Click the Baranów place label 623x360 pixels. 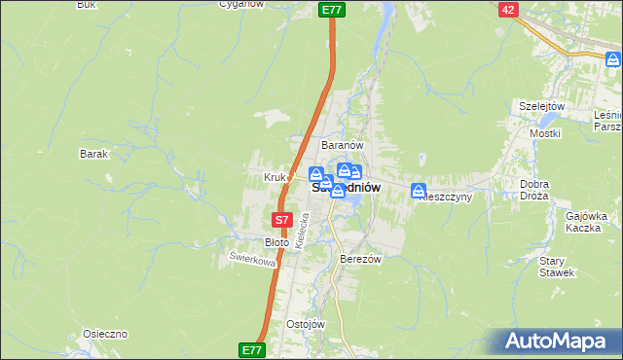pyautogui.click(x=342, y=145)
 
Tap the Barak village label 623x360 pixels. pyautogui.click(x=93, y=154)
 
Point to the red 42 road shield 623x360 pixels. pyautogui.click(x=508, y=9)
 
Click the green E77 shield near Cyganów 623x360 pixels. pyautogui.click(x=331, y=9)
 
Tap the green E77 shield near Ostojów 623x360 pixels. pyautogui.click(x=250, y=347)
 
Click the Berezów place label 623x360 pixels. pyautogui.click(x=359, y=260)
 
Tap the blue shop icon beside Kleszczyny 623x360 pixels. pyautogui.click(x=419, y=190)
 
